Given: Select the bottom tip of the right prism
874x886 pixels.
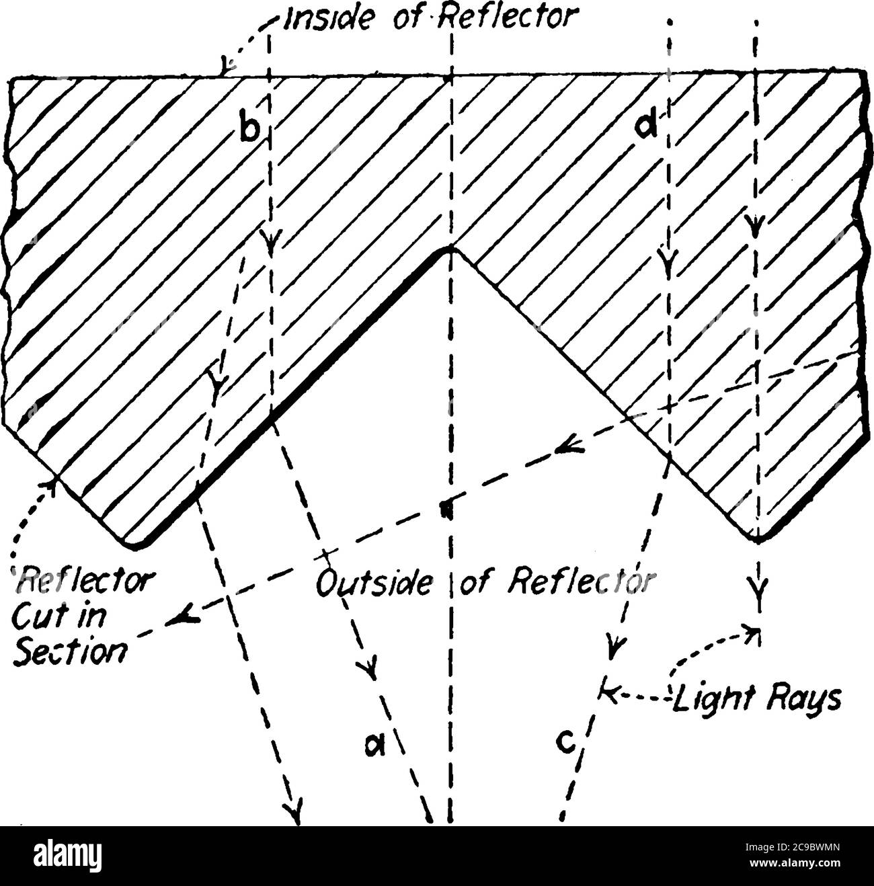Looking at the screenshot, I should pos(756,537).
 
